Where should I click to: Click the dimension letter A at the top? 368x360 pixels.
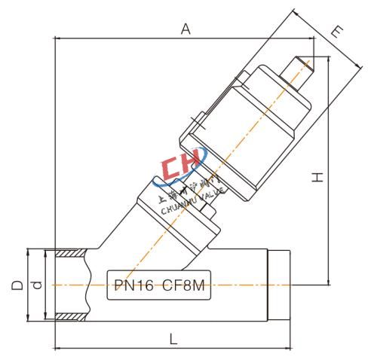[x=184, y=29]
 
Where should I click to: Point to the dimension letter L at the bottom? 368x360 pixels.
[x=173, y=339]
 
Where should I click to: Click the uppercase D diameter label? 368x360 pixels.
[x=16, y=285]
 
